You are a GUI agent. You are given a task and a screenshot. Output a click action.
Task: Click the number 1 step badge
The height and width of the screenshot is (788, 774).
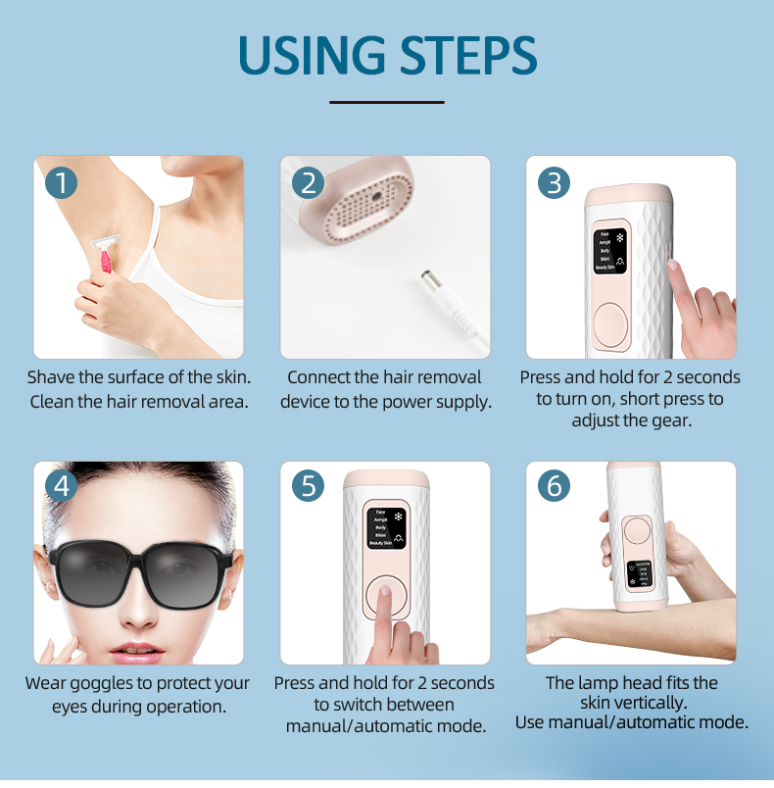coord(61,183)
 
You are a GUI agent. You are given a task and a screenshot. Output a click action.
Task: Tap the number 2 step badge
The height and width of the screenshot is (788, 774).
coord(308,183)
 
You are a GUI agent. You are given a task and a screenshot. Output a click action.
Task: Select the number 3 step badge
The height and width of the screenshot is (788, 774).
coord(554,183)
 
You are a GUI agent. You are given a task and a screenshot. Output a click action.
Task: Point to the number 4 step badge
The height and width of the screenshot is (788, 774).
coord(61,486)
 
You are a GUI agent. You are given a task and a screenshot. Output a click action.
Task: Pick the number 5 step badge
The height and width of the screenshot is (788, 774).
coord(308,486)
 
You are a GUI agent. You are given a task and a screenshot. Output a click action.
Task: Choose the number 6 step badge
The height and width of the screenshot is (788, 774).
coord(554,486)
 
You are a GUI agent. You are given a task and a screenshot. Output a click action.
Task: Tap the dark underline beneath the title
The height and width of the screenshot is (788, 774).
coord(387,101)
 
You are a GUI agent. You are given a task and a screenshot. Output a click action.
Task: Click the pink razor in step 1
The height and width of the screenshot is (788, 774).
coord(103,257)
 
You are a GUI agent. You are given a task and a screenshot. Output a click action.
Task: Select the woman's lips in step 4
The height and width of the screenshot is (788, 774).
coord(134,651)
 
